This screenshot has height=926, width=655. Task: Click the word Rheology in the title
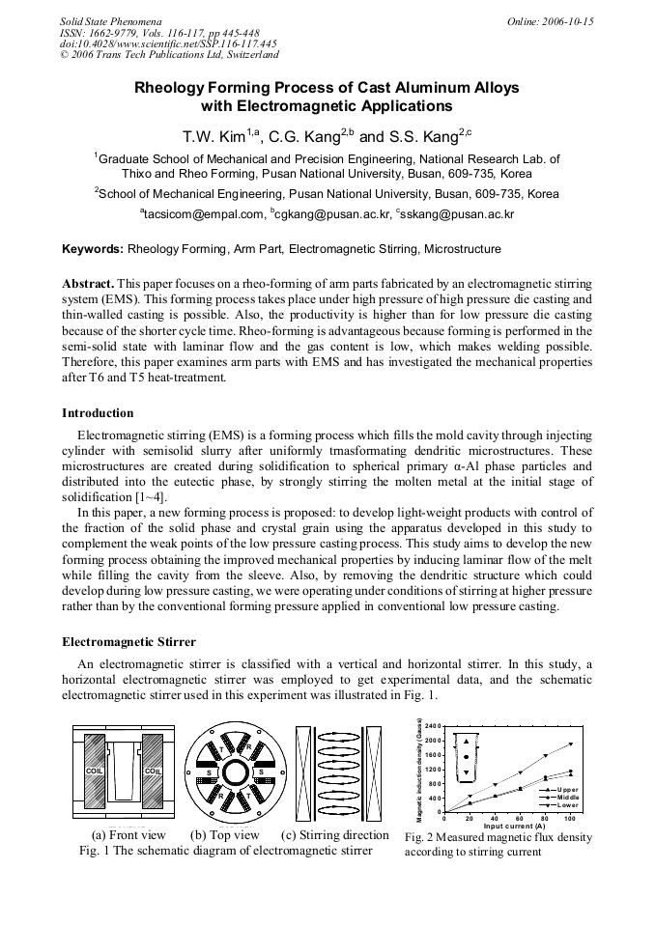[180, 87]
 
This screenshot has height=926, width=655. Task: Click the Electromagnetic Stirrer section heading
[128, 641]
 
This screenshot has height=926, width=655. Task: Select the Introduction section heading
[98, 413]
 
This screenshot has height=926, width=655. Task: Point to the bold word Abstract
[88, 285]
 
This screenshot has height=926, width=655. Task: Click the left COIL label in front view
[95, 771]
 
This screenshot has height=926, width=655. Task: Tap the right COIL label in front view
[153, 771]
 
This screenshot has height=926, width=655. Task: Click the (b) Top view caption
[225, 835]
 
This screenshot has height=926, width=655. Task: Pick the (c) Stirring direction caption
[334, 835]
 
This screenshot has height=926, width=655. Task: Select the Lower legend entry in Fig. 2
[567, 805]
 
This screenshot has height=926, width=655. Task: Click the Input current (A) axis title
[514, 827]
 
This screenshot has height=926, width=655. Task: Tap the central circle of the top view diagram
[235, 771]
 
